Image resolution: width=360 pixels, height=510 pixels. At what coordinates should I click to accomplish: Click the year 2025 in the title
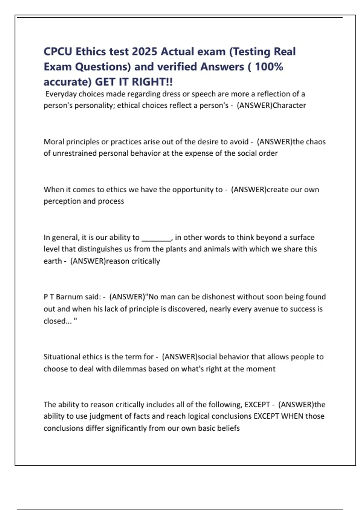click(144, 52)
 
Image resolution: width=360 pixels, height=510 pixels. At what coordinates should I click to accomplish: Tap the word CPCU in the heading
click(58, 52)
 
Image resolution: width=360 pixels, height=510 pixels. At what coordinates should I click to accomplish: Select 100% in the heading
click(269, 67)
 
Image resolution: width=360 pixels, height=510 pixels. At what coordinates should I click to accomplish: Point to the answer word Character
click(289, 105)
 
